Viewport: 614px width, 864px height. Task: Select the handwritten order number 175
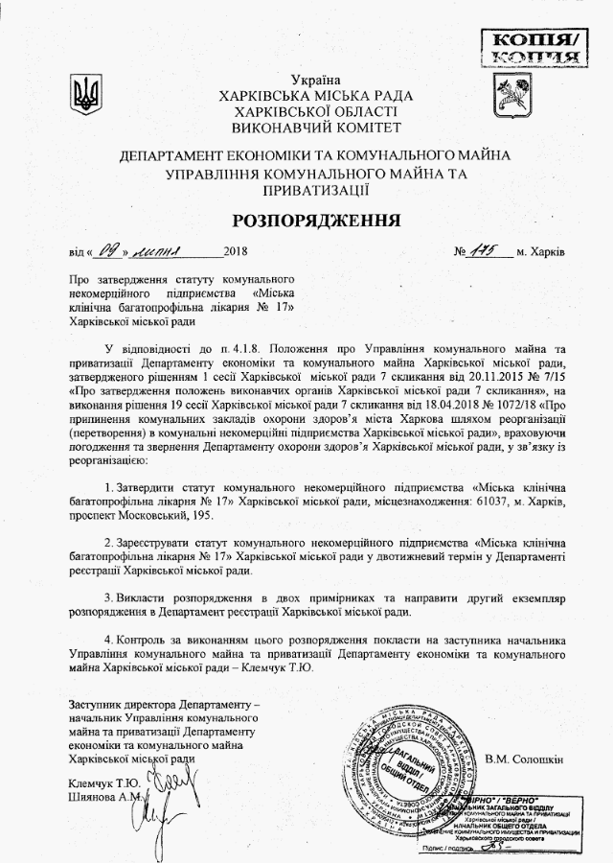(485, 252)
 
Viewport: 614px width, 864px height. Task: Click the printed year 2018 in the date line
(235, 253)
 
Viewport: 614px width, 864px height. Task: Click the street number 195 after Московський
(199, 518)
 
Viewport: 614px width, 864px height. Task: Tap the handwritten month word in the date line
(172, 252)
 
